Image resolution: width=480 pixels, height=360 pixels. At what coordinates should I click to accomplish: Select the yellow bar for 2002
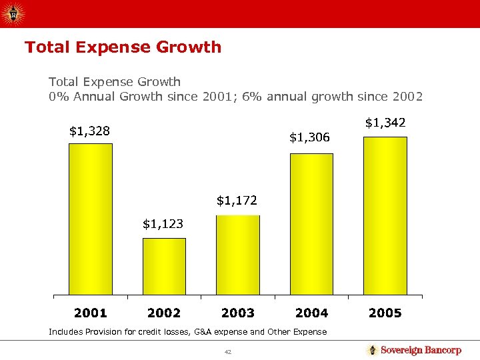click(x=164, y=266)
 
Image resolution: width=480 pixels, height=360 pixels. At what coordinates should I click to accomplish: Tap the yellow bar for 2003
click(x=238, y=255)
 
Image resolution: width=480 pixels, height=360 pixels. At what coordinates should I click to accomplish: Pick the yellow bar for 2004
click(x=311, y=224)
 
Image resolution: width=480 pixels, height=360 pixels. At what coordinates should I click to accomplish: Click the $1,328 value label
click(x=89, y=131)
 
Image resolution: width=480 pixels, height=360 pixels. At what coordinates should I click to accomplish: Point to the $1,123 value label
click(x=163, y=224)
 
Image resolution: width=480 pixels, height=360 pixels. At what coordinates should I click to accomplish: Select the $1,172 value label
click(x=237, y=200)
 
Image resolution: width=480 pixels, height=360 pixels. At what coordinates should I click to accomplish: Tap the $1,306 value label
click(x=309, y=137)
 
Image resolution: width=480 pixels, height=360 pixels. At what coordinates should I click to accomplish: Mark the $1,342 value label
click(x=385, y=123)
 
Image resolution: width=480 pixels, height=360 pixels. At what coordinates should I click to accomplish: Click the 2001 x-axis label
click(x=91, y=313)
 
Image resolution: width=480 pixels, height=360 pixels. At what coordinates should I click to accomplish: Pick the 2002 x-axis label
click(x=164, y=313)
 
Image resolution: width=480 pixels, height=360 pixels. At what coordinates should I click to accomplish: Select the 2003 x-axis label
click(x=238, y=313)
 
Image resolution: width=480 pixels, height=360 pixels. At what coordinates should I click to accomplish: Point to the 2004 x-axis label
click(x=311, y=313)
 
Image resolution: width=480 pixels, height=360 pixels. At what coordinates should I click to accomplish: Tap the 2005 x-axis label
click(x=385, y=313)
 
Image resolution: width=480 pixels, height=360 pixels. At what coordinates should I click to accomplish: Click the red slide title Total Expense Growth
click(x=123, y=47)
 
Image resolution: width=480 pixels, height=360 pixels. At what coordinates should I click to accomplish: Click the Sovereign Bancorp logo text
click(x=421, y=351)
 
